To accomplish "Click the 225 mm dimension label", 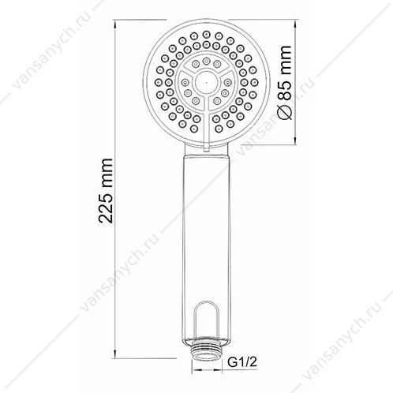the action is [x=106, y=191].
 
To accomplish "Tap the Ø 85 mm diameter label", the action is [x=284, y=83].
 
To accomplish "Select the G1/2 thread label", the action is [x=241, y=362].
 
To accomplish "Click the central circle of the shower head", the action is [x=207, y=82].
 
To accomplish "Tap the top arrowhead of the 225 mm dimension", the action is [x=115, y=24].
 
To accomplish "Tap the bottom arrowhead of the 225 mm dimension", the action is [x=115, y=354].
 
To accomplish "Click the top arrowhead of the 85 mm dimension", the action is [x=296, y=24].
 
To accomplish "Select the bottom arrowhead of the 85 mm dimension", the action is [x=296, y=140].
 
